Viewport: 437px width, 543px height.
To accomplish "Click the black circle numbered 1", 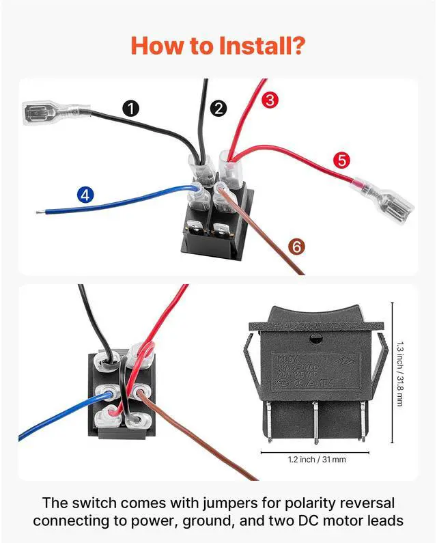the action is (132, 107).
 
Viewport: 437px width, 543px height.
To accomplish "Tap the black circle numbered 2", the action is (218, 107).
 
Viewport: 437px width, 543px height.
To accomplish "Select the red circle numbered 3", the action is (270, 100).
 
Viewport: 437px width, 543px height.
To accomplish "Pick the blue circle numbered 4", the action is (85, 195).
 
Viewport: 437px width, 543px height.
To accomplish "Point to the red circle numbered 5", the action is (342, 161).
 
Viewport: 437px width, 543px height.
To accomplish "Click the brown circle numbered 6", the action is (295, 247).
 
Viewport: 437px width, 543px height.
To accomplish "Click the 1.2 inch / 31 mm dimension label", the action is (316, 460).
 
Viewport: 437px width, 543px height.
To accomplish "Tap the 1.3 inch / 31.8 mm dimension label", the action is (399, 374).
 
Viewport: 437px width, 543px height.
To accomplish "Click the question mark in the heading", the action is (298, 46).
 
